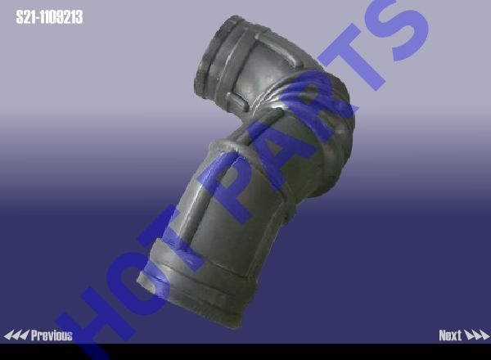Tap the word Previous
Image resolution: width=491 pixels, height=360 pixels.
coord(52,335)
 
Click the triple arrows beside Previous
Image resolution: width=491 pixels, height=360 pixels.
coord(16,335)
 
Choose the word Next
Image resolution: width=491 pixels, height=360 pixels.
coord(450,335)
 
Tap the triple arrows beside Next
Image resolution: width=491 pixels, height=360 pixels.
coord(476,335)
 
